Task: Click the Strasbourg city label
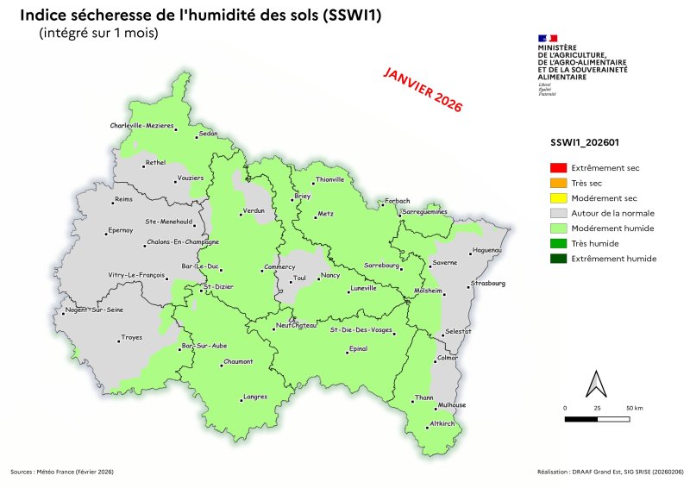488,283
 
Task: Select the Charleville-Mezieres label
142,126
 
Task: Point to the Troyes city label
131,337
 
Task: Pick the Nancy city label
330,275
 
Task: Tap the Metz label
325,212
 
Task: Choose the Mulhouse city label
452,404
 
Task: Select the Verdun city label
254,210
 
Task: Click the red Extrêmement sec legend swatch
558,167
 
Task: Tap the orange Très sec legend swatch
558,183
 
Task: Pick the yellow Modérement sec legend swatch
558,197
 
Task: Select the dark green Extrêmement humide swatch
558,259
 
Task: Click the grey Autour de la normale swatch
558,213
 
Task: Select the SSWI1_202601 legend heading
586,143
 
